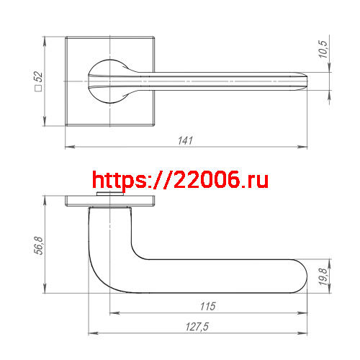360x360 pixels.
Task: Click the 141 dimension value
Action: pyautogui.click(x=186, y=140)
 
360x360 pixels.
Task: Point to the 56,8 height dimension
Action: pyautogui.click(x=40, y=245)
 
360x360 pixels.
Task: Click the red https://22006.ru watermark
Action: pyautogui.click(x=181, y=180)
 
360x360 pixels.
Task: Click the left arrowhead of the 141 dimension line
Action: pyautogui.click(x=68, y=148)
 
